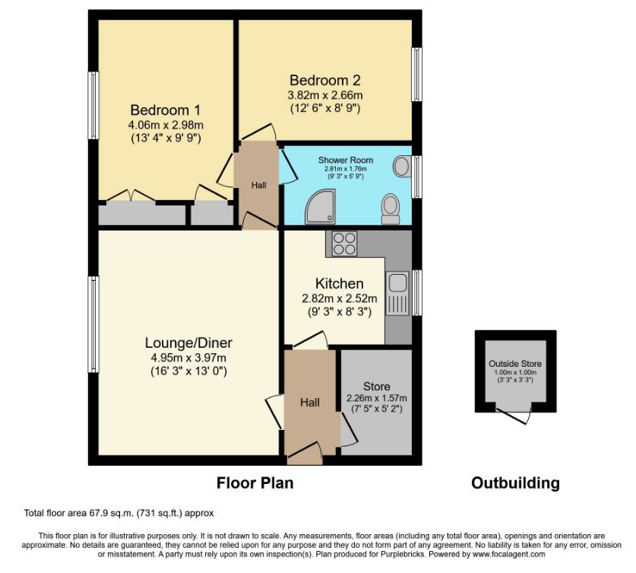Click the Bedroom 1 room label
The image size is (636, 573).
166,110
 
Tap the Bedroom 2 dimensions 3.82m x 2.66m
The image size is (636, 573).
325,95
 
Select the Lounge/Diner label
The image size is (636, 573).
188,342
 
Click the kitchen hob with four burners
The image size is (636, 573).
344,244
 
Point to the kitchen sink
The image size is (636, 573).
397,293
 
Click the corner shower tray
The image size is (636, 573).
321,206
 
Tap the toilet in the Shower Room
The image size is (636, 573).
391,209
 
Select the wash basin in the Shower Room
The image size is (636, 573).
402,167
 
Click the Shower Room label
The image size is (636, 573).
346,160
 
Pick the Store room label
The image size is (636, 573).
376,387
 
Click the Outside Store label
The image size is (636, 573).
515,364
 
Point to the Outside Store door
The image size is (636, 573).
514,414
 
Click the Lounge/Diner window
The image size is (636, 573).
93,324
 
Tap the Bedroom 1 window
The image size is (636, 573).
93,106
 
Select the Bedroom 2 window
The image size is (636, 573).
416,75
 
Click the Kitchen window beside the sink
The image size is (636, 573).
416,292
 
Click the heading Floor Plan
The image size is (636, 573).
255,483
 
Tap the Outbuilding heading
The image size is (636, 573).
515,483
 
